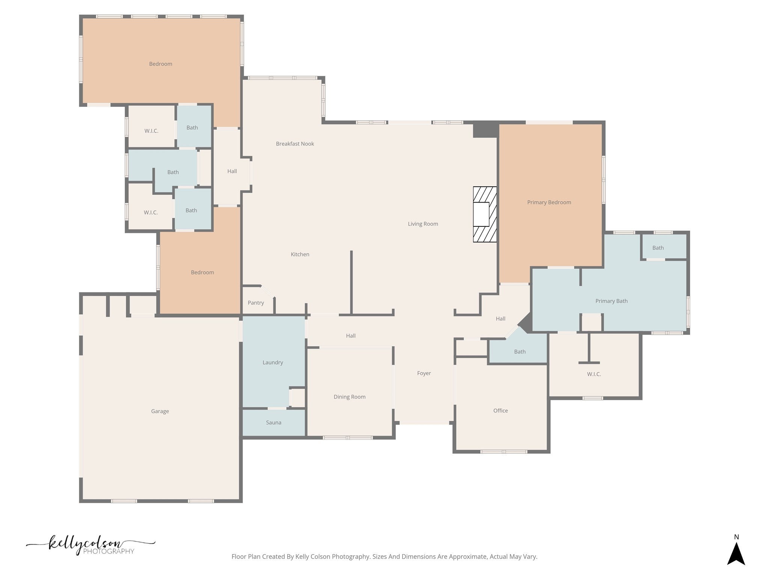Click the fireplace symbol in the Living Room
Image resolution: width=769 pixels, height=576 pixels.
pyautogui.click(x=485, y=214)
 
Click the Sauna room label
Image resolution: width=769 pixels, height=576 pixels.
pyautogui.click(x=273, y=423)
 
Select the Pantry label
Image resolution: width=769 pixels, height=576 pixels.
pyautogui.click(x=256, y=303)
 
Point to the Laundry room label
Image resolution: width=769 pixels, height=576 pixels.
pyautogui.click(x=273, y=363)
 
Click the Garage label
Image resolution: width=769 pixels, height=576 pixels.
pyautogui.click(x=160, y=411)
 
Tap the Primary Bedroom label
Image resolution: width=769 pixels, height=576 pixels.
pyautogui.click(x=549, y=202)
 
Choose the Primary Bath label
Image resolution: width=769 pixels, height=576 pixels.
pyautogui.click(x=611, y=301)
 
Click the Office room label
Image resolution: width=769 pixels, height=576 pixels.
pyautogui.click(x=501, y=411)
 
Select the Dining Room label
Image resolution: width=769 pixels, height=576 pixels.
pyautogui.click(x=350, y=397)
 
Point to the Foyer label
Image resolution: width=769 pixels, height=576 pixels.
pyautogui.click(x=424, y=373)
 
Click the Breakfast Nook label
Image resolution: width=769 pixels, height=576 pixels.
pyautogui.click(x=295, y=144)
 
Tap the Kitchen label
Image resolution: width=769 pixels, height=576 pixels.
pyautogui.click(x=300, y=254)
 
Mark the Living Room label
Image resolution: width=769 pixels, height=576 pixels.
pyautogui.click(x=423, y=224)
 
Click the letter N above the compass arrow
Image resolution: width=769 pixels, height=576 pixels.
pyautogui.click(x=736, y=537)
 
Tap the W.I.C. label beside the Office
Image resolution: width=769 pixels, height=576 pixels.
pyautogui.click(x=594, y=374)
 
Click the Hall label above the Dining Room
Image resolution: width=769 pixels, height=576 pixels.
pyautogui.click(x=351, y=336)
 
